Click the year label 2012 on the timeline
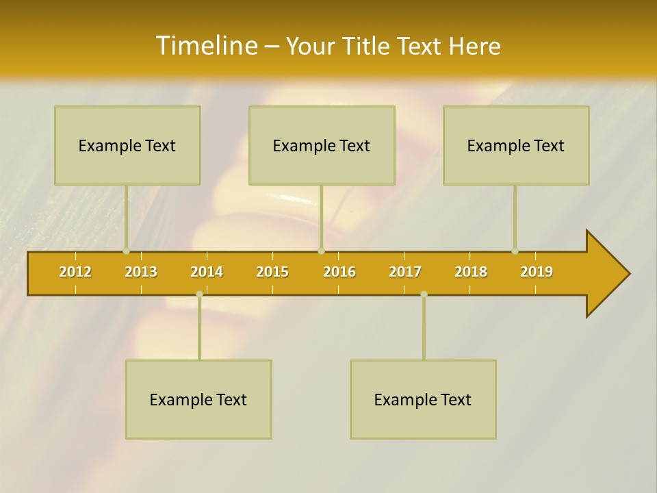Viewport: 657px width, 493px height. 75,272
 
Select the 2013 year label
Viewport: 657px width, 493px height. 141,272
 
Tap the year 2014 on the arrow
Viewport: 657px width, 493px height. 207,272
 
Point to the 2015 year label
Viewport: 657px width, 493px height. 272,272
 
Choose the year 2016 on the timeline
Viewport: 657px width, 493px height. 339,272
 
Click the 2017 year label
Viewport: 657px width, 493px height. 405,272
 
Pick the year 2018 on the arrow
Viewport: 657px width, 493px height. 471,272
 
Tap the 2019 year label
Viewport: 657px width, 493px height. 537,272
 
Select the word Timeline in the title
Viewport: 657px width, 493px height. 205,46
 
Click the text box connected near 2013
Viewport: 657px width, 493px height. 127,145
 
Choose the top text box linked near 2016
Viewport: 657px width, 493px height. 322,145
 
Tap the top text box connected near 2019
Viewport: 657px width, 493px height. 516,145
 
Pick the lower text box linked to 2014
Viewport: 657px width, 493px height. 198,399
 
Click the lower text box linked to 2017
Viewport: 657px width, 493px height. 423,399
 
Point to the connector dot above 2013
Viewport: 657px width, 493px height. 126,251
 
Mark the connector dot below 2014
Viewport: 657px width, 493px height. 199,294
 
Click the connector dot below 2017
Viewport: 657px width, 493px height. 424,294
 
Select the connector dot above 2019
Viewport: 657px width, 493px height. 515,251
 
